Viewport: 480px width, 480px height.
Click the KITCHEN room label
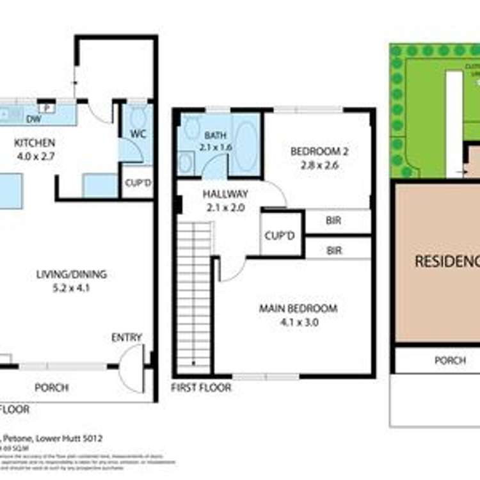click(35, 143)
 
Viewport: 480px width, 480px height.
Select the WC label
click(139, 134)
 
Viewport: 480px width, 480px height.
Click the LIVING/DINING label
click(71, 275)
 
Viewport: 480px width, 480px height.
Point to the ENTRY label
click(127, 337)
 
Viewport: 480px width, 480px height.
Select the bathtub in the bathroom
click(244, 144)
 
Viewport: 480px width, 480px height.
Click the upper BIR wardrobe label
click(333, 221)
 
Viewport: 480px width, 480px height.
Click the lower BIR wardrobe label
click(333, 250)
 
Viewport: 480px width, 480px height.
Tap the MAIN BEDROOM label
click(298, 308)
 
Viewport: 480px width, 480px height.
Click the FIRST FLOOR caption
click(201, 388)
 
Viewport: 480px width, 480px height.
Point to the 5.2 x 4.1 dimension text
click(71, 288)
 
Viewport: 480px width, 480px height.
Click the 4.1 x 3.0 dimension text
click(298, 322)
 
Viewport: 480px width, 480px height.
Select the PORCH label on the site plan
click(450, 360)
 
